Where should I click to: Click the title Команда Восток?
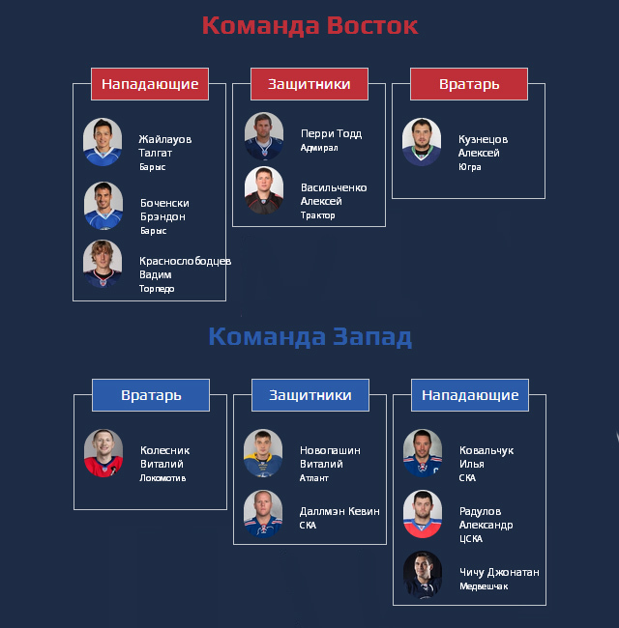pos(309,26)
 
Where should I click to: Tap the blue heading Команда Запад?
pos(309,337)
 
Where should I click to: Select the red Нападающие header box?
pos(150,84)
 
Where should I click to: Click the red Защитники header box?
pos(309,84)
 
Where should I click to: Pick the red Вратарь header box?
pos(469,84)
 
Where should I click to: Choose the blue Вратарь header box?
pos(151,395)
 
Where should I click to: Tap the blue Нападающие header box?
pos(470,395)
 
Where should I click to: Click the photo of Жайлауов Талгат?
pos(103,142)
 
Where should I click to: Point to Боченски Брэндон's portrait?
pos(103,206)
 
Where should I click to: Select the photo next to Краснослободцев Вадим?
pos(103,264)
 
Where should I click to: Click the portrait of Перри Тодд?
pos(264,136)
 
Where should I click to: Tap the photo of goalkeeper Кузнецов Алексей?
pos(422,142)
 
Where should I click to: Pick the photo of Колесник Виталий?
pos(103,453)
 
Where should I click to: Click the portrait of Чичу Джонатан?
pos(423,575)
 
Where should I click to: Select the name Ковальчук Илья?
pos(486,457)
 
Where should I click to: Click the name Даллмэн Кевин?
pos(339,511)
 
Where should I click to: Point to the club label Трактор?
pos(318,215)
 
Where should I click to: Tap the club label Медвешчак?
pos(484,586)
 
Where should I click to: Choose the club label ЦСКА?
pos(471,539)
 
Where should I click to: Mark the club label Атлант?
pos(314,478)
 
